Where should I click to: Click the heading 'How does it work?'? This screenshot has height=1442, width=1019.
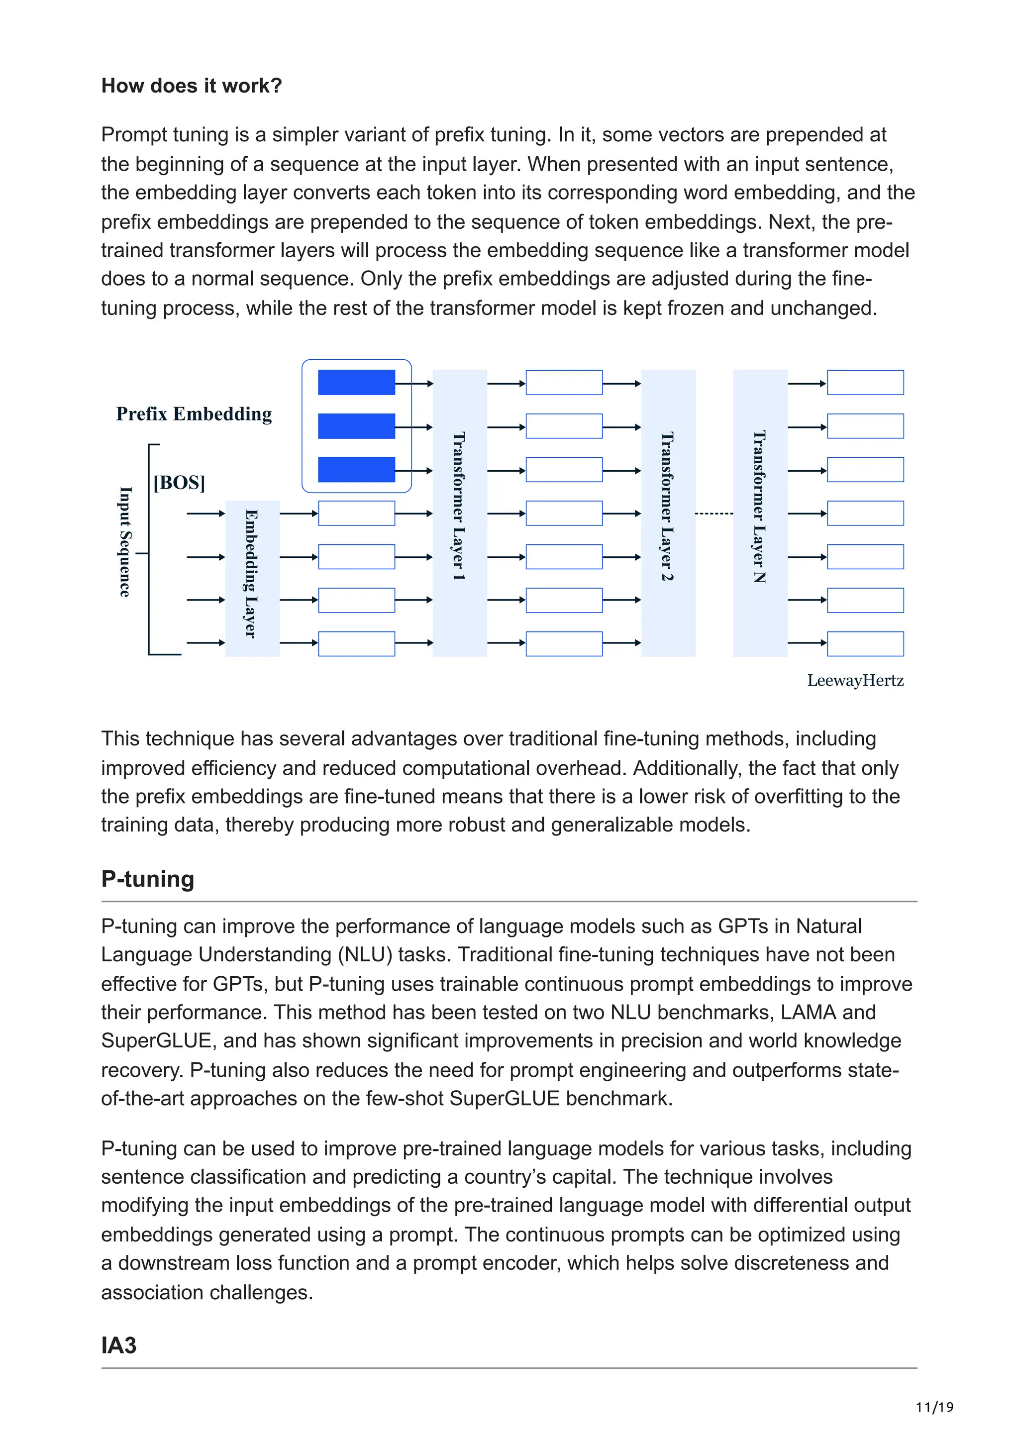192,86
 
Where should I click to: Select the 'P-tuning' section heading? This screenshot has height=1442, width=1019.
148,879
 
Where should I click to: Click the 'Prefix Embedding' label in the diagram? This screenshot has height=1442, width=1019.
194,414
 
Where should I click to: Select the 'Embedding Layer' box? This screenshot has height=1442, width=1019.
252,578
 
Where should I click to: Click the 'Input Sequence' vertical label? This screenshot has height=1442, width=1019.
125,541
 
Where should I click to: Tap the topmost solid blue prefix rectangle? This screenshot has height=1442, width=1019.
356,383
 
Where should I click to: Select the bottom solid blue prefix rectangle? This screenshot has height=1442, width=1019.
356,470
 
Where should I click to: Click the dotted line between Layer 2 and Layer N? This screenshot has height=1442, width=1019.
714,514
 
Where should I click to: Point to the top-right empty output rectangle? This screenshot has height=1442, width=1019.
865,383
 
